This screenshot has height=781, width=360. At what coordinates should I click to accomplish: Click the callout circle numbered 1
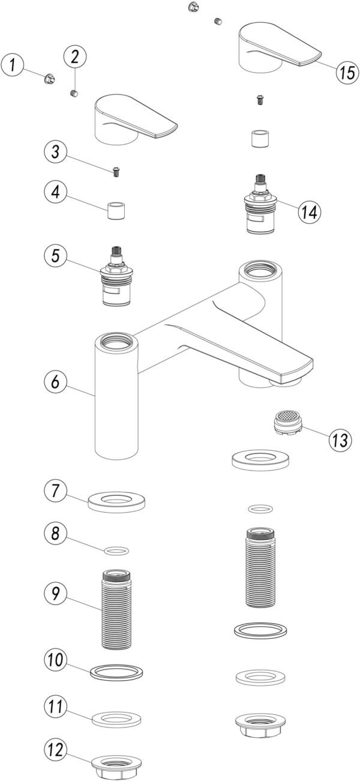[14, 65]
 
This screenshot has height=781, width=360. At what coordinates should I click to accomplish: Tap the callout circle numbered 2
[75, 58]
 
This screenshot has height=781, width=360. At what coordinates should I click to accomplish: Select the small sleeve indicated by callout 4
[115, 212]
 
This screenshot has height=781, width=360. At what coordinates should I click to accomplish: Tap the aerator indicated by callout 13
[286, 424]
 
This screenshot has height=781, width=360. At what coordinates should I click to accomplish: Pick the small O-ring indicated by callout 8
[116, 550]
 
